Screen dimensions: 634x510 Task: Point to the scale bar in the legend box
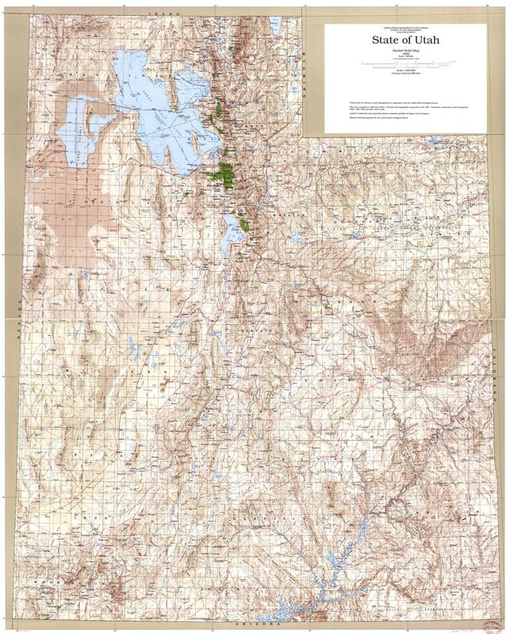[x=400, y=62]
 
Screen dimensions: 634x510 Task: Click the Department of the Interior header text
[x=400, y=26]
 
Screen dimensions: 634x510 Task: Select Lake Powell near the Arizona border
[x=333, y=582]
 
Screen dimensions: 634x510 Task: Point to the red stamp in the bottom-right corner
[x=476, y=610]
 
